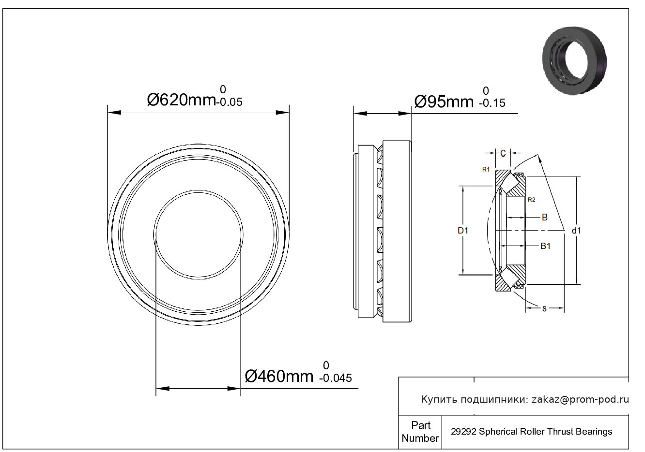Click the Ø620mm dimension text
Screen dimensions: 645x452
[x=182, y=100]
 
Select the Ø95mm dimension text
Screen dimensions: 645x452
[x=444, y=102]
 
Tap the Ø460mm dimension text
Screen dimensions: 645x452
[x=279, y=376]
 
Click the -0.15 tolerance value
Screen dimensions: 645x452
[x=492, y=103]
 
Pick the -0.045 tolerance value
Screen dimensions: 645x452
[x=336, y=378]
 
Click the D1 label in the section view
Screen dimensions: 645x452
[x=463, y=230]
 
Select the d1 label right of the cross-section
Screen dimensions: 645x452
[x=576, y=230]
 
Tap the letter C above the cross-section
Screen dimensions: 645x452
[x=503, y=154]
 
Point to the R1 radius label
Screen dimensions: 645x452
[x=486, y=169]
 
